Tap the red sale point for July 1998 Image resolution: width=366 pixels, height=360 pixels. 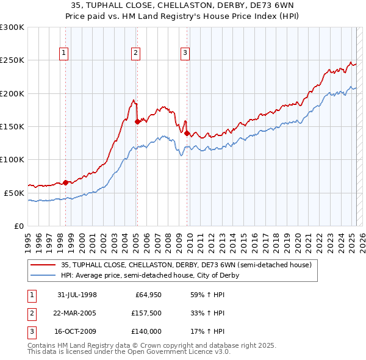(x=65, y=182)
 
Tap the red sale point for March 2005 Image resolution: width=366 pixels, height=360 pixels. (x=137, y=121)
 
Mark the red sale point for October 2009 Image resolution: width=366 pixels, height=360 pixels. (x=187, y=133)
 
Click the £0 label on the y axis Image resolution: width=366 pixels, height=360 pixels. (x=18, y=226)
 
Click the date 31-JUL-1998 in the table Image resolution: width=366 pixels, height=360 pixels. (x=77, y=295)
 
